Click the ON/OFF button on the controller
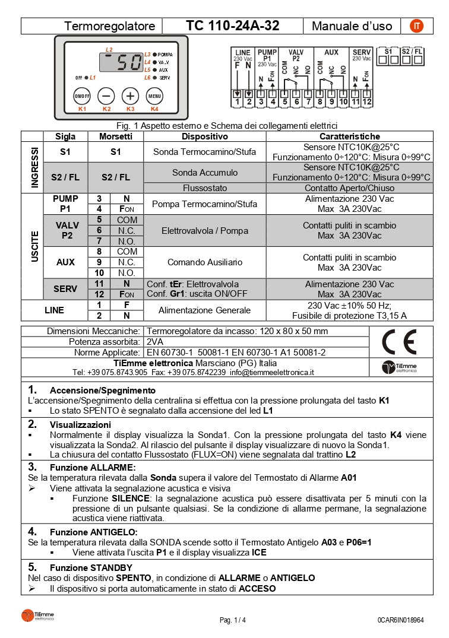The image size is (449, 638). (82, 96)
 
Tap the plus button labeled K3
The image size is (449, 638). (130, 96)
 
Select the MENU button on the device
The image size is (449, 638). (154, 96)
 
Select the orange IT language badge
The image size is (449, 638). (418, 26)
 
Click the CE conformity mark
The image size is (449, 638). (399, 342)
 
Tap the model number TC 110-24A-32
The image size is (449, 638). (232, 26)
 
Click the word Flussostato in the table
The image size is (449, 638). (205, 188)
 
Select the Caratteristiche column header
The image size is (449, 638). (349, 137)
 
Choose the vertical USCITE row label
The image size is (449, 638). (34, 246)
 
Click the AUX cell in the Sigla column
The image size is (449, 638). (65, 262)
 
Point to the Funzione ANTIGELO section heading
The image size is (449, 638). (93, 531)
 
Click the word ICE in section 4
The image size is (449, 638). (259, 553)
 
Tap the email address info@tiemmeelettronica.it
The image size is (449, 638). (271, 372)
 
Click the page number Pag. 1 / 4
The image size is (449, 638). (232, 620)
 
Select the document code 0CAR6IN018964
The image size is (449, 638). (400, 620)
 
